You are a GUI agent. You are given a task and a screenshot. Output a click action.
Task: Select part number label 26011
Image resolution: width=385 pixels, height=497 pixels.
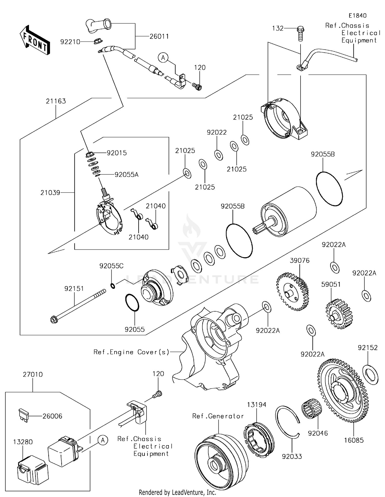pyautogui.click(x=159, y=36)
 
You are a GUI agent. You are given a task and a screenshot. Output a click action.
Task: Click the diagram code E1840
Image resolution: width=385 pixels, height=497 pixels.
pyautogui.click(x=358, y=16)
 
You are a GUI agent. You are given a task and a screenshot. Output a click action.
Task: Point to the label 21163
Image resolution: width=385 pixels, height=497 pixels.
pyautogui.click(x=56, y=101)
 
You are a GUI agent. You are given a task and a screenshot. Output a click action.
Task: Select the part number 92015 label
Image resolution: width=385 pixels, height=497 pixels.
pyautogui.click(x=117, y=153)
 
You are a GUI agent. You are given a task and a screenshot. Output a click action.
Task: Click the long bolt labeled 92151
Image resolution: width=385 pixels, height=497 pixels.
pyautogui.click(x=77, y=306)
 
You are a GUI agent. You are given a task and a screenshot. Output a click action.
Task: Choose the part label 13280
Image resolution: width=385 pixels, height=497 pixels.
pyautogui.click(x=23, y=442)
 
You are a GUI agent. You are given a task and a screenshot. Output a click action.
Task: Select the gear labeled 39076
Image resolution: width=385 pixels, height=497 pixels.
pyautogui.click(x=293, y=292)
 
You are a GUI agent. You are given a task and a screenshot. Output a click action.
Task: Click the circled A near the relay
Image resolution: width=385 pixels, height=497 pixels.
pyautogui.click(x=103, y=440)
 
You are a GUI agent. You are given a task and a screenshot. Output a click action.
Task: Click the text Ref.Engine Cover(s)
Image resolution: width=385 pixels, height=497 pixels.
pyautogui.click(x=131, y=352)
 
